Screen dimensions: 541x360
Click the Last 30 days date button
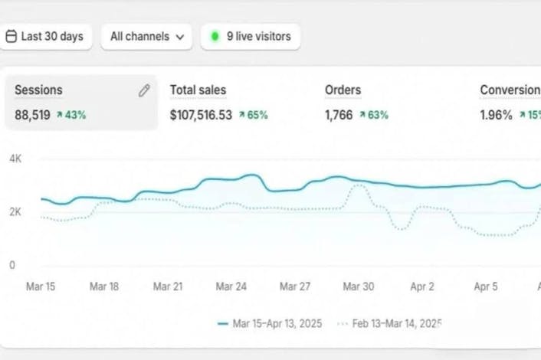[x=45, y=37]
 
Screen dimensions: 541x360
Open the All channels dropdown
[x=146, y=37]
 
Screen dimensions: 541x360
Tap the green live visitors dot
[x=215, y=36]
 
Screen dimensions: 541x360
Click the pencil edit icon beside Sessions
[x=144, y=90]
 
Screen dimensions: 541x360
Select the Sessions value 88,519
[x=32, y=115]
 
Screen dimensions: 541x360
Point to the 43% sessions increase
[x=71, y=115]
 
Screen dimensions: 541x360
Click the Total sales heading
[x=198, y=90]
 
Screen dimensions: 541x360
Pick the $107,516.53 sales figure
[x=201, y=115]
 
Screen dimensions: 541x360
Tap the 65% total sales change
[x=253, y=115]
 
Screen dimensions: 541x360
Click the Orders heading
[x=343, y=90]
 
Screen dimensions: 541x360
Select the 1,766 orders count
[x=339, y=115]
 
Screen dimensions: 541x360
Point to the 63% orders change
[x=374, y=115]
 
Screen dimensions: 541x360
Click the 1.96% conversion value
[x=496, y=115]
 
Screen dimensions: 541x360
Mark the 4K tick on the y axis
[x=15, y=159]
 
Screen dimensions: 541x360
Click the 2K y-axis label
[x=15, y=211]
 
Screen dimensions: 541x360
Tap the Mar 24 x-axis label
[x=231, y=286]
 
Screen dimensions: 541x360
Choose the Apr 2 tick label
[x=422, y=286]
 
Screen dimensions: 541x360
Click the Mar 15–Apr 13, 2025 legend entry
[x=270, y=323]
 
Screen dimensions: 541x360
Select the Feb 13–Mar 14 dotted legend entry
[x=389, y=323]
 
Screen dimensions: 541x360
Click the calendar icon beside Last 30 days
[x=11, y=36]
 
